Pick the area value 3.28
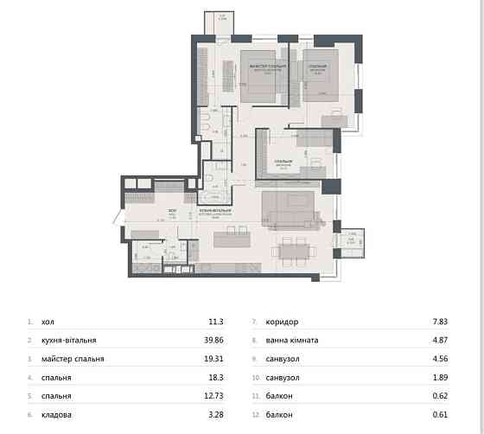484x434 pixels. (x=215, y=416)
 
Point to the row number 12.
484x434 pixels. (x=252, y=416)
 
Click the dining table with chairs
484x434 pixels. (x=294, y=251)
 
